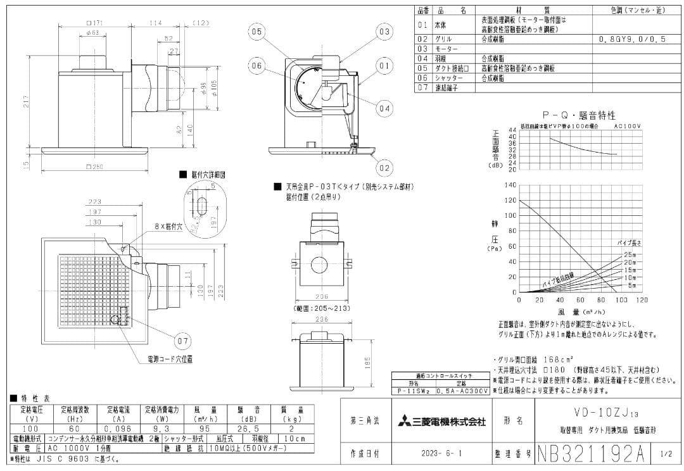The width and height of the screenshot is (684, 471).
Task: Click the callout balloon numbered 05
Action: [x=256, y=32]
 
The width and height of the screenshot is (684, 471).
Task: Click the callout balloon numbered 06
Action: [x=256, y=65]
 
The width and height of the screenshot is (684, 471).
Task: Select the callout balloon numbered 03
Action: [x=384, y=32]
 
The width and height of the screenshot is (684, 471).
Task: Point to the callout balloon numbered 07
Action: [x=182, y=341]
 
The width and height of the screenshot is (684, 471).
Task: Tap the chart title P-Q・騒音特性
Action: [x=578, y=115]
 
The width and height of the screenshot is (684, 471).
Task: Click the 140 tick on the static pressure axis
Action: [x=510, y=185]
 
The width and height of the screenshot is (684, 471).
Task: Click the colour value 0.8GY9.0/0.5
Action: [x=632, y=39]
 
